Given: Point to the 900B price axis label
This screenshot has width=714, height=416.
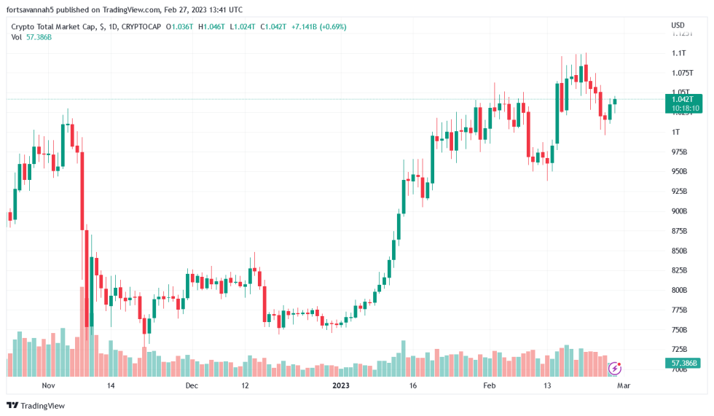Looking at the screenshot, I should tap(679, 211).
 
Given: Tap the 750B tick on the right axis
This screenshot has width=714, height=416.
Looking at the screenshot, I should tap(679, 330).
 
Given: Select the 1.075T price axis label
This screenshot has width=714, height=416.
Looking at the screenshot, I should tap(682, 73).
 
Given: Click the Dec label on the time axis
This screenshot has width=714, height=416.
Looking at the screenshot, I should tap(191, 385).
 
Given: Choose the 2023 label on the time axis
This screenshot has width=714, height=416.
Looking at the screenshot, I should tap(342, 385).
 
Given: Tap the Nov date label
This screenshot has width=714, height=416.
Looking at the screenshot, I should tap(49, 385).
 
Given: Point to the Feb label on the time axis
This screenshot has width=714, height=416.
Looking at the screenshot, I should tap(490, 385).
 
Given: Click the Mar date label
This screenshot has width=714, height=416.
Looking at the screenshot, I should tap(624, 385).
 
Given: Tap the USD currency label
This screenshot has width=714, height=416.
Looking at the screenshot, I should tap(678, 26).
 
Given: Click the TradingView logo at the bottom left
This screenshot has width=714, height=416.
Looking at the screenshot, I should tap(36, 406).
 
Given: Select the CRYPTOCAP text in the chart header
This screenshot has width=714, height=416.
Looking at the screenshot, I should tap(142, 27).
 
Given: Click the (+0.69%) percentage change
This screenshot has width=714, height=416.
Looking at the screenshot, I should tap(332, 27).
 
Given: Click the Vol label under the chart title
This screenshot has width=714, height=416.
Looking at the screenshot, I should tap(16, 36).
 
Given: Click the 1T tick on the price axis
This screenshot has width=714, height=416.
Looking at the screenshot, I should tap(675, 132).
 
